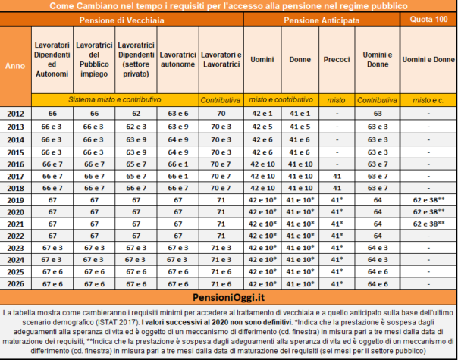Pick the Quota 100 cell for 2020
[x=428, y=212]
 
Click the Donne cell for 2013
[x=300, y=127]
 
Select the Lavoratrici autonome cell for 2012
[x=177, y=113]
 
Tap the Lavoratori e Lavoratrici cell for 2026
[x=221, y=284]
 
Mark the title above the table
[x=228, y=6]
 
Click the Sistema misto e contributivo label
[x=115, y=99]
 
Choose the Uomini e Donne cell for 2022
[x=377, y=236]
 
